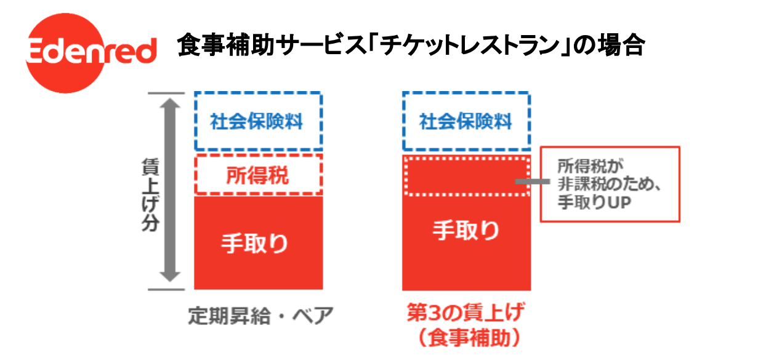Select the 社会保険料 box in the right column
click(466, 121)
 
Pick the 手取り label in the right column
click(466, 231)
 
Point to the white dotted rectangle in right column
click(466, 176)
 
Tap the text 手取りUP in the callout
click(595, 202)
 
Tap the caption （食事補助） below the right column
click(466, 338)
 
